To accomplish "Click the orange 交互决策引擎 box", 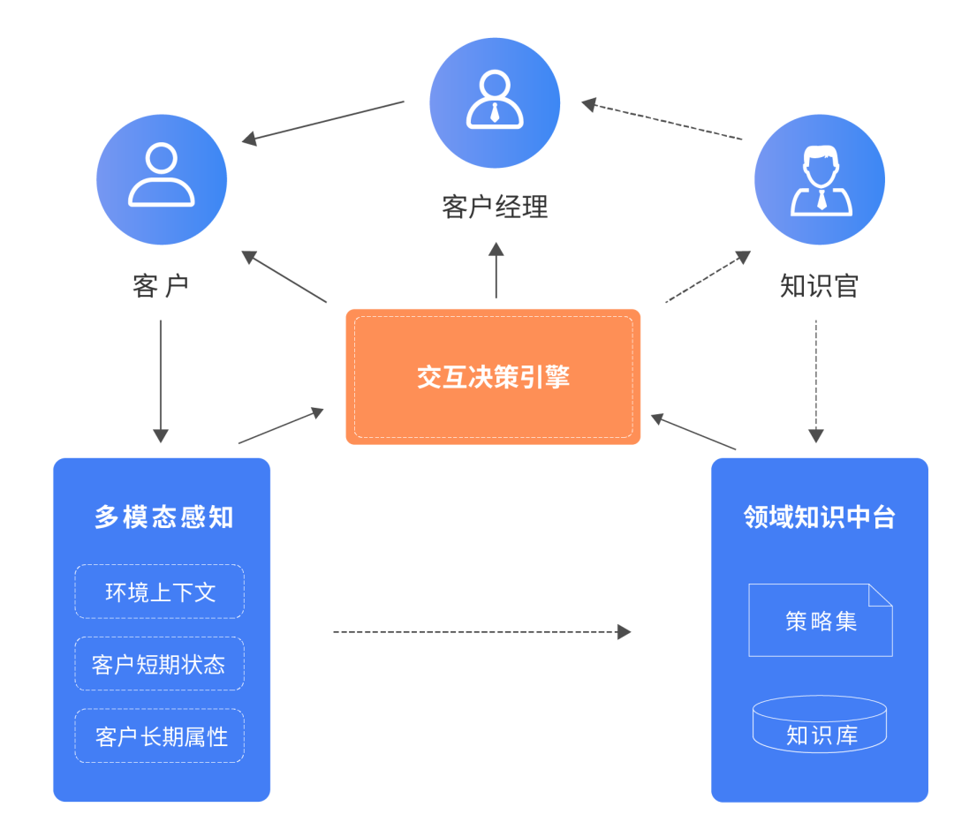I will point(493,377).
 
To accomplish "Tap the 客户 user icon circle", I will point(162,179).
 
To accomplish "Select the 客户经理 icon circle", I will point(495,102).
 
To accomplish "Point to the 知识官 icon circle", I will point(820,179).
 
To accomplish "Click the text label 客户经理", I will point(495,207).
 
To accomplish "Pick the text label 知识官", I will point(820,286).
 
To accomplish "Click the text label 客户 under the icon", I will point(161,286).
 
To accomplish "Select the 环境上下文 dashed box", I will point(160,592).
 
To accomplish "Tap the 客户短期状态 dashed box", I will point(160,664).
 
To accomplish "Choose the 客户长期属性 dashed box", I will point(160,736).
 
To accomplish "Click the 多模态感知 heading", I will point(163,517).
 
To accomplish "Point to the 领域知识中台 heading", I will point(820,517).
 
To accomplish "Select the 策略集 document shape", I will point(820,621).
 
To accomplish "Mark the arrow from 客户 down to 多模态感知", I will point(161,380).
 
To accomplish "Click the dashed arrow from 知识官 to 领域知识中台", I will point(816,380).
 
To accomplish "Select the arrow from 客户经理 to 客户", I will point(323,121).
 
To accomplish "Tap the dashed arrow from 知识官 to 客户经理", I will point(662,120).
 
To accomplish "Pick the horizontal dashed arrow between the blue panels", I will point(481,631).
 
